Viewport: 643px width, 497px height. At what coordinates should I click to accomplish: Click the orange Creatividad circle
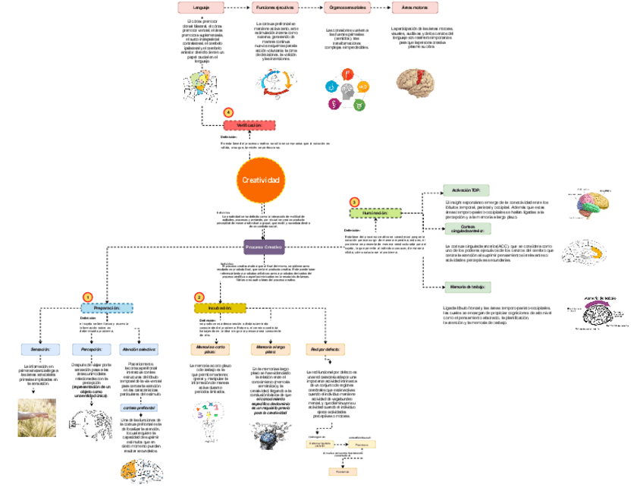(x=260, y=180)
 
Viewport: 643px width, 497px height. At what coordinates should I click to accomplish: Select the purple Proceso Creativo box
(x=264, y=247)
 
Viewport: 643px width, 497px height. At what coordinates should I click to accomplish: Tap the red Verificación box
(x=249, y=124)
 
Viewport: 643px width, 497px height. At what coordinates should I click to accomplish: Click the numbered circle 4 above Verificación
(x=228, y=112)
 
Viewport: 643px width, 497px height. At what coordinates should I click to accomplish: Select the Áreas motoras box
(x=413, y=7)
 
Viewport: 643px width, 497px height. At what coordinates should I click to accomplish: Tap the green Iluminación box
(x=374, y=214)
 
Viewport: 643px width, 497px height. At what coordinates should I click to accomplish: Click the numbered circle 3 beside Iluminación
(x=353, y=202)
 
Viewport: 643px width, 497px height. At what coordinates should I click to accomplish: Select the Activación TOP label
(x=466, y=189)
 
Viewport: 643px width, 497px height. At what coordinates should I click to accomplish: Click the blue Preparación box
(x=107, y=308)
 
